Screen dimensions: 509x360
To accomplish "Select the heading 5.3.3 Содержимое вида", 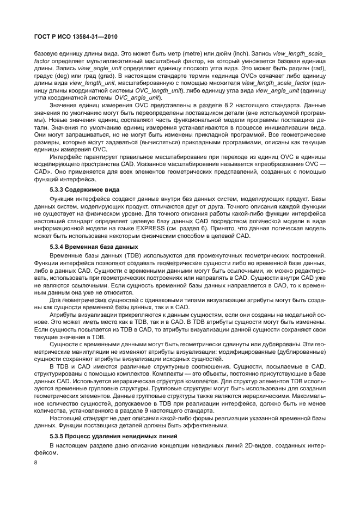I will point(80,189).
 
